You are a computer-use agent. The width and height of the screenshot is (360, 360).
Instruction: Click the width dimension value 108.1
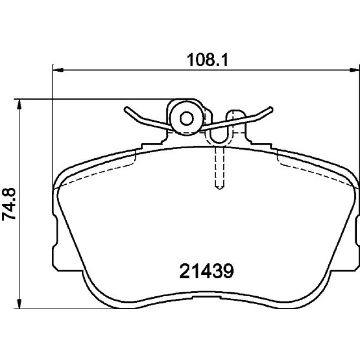[x=207, y=60]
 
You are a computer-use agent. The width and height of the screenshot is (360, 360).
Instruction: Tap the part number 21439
[x=206, y=271]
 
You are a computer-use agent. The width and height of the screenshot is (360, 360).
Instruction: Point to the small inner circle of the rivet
[x=186, y=119]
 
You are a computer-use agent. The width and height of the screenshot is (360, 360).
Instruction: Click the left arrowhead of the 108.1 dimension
[x=58, y=70]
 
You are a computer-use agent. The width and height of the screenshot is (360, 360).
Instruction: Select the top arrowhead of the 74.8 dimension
[x=19, y=104]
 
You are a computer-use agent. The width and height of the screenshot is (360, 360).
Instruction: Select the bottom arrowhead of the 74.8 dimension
[x=19, y=303]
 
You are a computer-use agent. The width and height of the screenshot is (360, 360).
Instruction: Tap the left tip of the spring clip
[x=126, y=109]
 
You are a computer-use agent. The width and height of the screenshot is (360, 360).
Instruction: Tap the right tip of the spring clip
[x=271, y=109]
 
